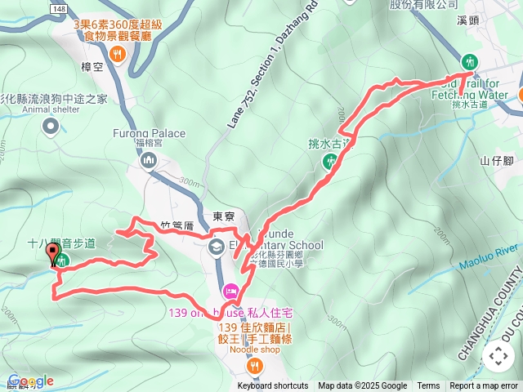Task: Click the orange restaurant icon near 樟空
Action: (x=118, y=55)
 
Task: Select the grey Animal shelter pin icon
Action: (x=51, y=125)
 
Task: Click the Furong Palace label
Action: (x=150, y=133)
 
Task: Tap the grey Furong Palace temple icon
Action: (x=148, y=161)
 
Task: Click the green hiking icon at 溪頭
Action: (x=469, y=61)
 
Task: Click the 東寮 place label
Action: (x=224, y=216)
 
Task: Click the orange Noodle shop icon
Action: (x=255, y=366)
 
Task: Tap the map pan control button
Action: (x=498, y=355)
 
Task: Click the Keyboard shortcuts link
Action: (x=273, y=386)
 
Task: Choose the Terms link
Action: (x=428, y=386)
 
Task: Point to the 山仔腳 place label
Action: (x=496, y=161)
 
